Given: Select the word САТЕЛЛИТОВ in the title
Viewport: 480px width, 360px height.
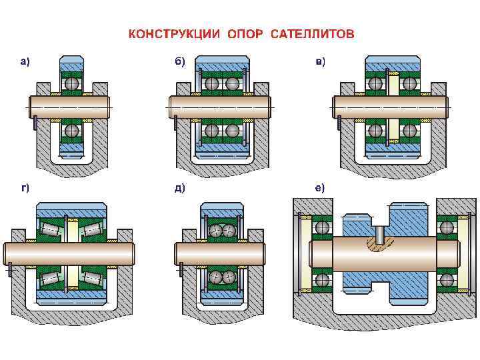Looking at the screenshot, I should (313, 33).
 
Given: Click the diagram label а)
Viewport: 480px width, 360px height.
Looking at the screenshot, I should (24, 62).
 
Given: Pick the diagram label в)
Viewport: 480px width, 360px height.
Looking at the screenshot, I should (321, 62).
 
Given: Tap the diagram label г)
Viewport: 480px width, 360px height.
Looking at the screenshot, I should (24, 188).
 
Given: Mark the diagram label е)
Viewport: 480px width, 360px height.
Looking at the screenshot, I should (321, 188).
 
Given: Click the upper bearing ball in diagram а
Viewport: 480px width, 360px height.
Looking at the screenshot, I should (71, 85).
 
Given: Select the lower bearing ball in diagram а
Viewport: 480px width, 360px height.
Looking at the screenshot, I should (71, 130).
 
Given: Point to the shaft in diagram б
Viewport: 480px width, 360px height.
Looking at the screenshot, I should (220, 107).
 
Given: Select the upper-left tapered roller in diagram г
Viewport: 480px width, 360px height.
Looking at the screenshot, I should (49, 229).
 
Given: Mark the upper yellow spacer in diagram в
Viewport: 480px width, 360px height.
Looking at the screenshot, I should (393, 85).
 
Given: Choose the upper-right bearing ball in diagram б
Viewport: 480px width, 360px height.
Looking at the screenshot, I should (231, 85).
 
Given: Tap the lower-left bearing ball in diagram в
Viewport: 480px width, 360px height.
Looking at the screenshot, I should (376, 131).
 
